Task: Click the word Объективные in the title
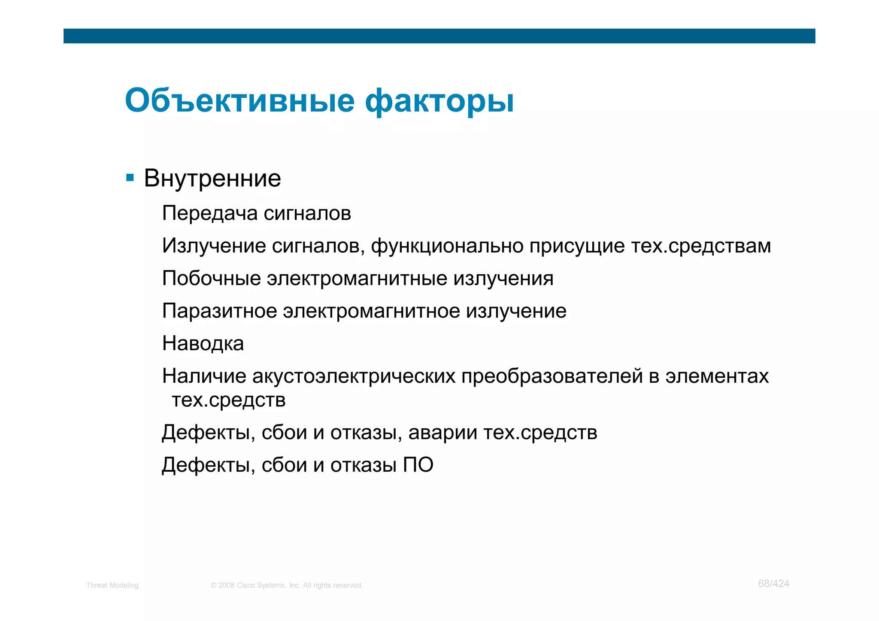(239, 101)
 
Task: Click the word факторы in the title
(439, 102)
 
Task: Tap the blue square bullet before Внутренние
(130, 178)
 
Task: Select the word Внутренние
(212, 178)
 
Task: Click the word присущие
(576, 246)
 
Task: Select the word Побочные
(212, 279)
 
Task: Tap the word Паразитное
(219, 311)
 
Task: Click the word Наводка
(203, 344)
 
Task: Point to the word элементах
(717, 376)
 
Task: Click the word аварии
(443, 433)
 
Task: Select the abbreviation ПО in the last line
(418, 465)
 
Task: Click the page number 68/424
(773, 584)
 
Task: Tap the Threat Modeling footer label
(112, 585)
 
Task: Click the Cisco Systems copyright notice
(287, 585)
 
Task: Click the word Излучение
(214, 246)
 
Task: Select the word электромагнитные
(357, 279)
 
